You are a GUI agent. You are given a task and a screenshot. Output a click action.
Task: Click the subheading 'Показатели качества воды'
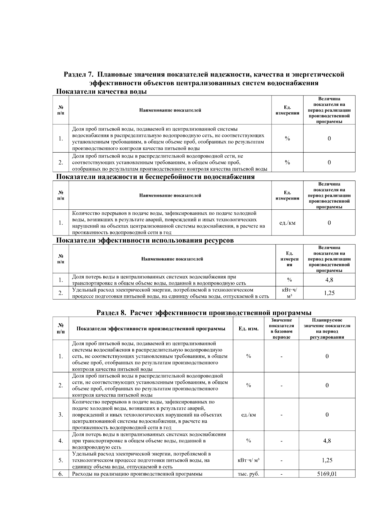[x=101, y=91]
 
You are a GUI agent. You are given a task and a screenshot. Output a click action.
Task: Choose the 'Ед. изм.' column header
[x=248, y=329]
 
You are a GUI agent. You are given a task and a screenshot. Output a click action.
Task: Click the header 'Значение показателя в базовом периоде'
[x=281, y=329]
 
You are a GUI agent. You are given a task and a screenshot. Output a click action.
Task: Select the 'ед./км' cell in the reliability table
[x=287, y=223]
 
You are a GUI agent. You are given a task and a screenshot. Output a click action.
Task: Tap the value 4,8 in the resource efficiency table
[x=329, y=280]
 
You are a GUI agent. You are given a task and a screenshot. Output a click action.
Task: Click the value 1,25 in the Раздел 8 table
[x=327, y=460]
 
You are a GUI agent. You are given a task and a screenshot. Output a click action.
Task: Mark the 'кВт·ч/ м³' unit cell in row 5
[x=248, y=460]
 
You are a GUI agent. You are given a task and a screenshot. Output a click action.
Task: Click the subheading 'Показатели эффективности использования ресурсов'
[x=145, y=240]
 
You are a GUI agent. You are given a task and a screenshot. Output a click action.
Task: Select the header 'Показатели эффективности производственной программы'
[x=151, y=329]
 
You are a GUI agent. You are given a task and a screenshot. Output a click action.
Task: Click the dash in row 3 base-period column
[x=281, y=415]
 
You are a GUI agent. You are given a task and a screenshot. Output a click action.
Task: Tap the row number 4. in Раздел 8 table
[x=61, y=441]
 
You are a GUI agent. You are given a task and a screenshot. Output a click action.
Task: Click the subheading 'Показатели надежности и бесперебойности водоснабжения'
[x=155, y=177]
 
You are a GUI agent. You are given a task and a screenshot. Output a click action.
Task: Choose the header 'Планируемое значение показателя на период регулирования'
[x=327, y=329]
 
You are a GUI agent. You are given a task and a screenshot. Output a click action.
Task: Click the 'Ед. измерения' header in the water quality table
[x=287, y=110]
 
